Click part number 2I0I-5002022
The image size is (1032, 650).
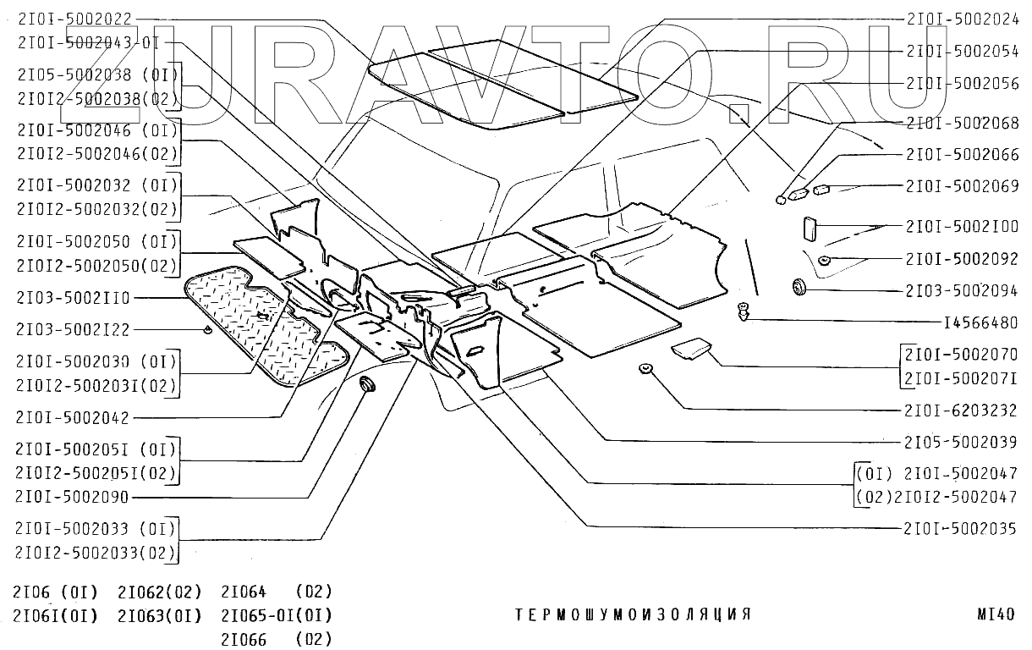(74, 16)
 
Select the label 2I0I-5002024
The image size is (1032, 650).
(962, 16)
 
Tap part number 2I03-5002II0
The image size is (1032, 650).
(74, 298)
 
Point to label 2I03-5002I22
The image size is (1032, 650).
(73, 329)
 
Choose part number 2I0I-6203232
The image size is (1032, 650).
(961, 410)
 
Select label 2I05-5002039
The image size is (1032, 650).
(961, 441)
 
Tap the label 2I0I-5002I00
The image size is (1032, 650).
(962, 227)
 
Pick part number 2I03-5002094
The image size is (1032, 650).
(962, 290)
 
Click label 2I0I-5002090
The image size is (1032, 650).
(73, 497)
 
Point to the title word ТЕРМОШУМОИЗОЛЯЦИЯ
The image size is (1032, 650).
(633, 614)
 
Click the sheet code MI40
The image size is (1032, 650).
(995, 614)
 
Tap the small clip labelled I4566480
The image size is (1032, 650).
(743, 311)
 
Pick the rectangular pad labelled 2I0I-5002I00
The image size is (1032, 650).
(808, 230)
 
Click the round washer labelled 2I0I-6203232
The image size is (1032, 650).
(645, 368)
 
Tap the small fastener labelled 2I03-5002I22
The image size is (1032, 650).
(206, 329)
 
